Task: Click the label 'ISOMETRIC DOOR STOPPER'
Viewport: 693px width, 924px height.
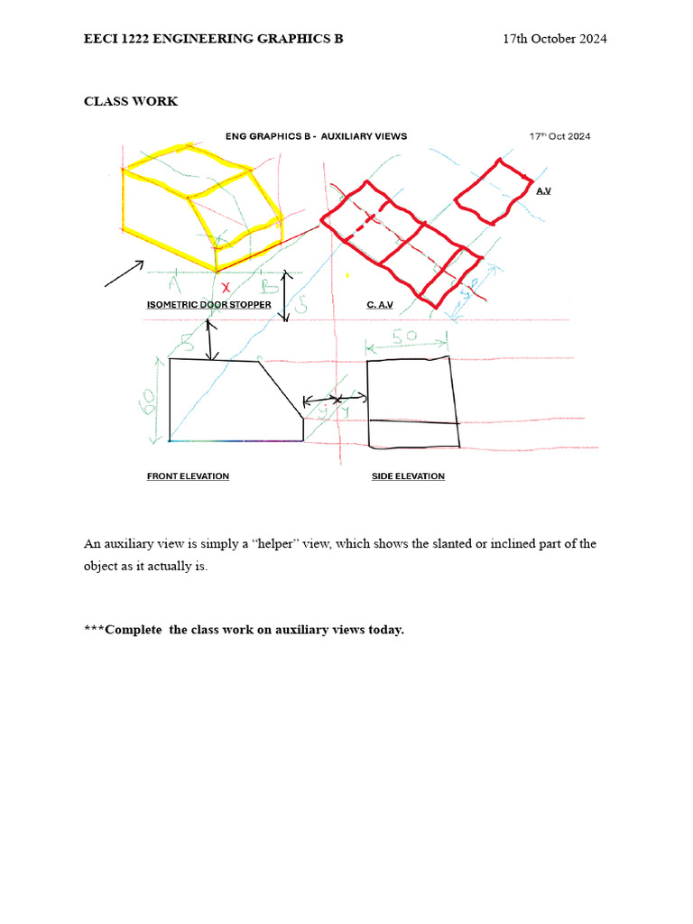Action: tap(208, 305)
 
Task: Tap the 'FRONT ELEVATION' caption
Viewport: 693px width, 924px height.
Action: tap(188, 476)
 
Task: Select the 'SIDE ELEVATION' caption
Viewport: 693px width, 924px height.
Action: tap(408, 476)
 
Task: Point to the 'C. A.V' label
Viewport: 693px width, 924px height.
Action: tap(381, 305)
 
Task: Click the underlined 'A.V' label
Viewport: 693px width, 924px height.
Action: tap(543, 191)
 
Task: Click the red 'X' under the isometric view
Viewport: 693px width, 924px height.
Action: tap(226, 286)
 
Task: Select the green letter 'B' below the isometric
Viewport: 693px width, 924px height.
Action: tap(267, 285)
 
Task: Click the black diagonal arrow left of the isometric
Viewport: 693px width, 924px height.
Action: tap(125, 273)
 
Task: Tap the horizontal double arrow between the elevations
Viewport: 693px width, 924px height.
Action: tap(335, 399)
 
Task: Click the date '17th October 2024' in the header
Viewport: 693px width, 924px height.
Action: tap(554, 39)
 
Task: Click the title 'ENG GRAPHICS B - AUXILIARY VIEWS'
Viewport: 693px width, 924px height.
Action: tap(316, 136)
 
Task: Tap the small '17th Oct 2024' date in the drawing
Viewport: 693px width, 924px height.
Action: tap(559, 136)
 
